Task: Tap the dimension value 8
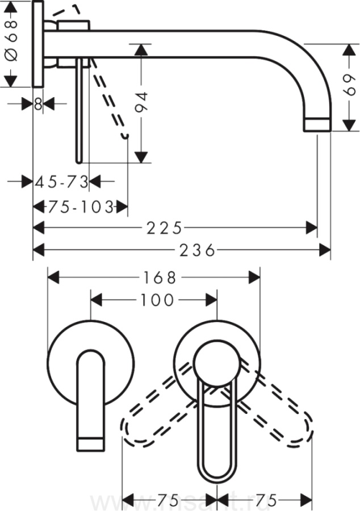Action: pyautogui.click(x=38, y=103)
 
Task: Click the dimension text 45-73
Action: pyautogui.click(x=62, y=182)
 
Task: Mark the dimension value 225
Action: pyautogui.click(x=165, y=228)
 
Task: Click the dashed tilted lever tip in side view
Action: pyautogui.click(x=126, y=135)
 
